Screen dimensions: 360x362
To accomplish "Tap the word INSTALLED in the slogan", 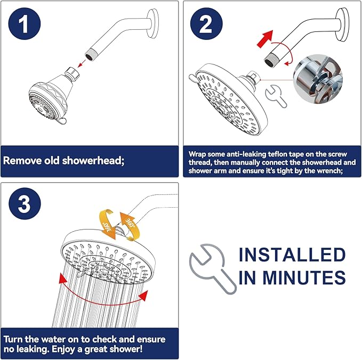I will tap(292, 255).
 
